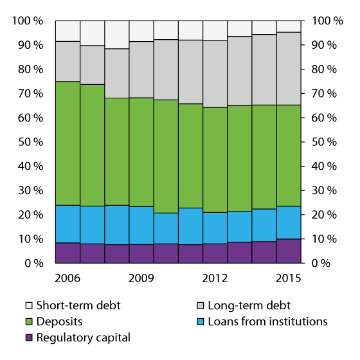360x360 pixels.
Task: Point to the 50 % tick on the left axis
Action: point(30,142)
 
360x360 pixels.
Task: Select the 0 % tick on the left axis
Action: point(33,263)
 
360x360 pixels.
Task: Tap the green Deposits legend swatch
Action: point(28,321)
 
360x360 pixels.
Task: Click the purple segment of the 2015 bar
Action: point(288,251)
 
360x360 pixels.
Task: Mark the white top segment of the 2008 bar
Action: point(116,35)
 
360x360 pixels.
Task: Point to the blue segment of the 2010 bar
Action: point(165,228)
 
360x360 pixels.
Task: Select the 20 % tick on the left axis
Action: point(30,215)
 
